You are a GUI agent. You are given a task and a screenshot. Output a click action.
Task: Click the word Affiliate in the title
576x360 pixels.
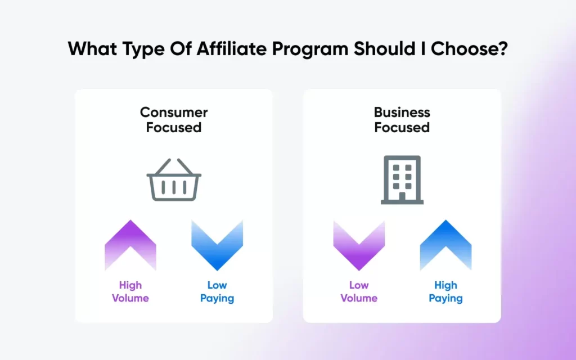point(231,48)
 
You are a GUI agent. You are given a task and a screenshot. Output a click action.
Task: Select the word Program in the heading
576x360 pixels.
point(310,49)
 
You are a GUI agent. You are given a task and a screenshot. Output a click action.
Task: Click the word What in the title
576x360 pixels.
point(93,48)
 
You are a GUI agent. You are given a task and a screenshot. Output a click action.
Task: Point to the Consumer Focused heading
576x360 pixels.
point(174,120)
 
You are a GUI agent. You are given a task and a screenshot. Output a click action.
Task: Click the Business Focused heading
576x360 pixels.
point(402,120)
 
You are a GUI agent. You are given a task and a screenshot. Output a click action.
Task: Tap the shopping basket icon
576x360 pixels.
point(174,179)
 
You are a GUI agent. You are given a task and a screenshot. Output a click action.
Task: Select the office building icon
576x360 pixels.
point(402,179)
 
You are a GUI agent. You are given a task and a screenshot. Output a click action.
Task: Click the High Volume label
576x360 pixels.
point(130,292)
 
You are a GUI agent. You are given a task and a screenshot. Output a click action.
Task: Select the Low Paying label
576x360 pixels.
point(217,292)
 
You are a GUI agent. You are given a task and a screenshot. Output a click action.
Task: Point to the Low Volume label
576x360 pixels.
point(359,292)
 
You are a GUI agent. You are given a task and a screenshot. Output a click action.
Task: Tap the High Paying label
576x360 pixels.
point(445,292)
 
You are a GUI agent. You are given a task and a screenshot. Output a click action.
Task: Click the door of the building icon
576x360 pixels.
point(402,196)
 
